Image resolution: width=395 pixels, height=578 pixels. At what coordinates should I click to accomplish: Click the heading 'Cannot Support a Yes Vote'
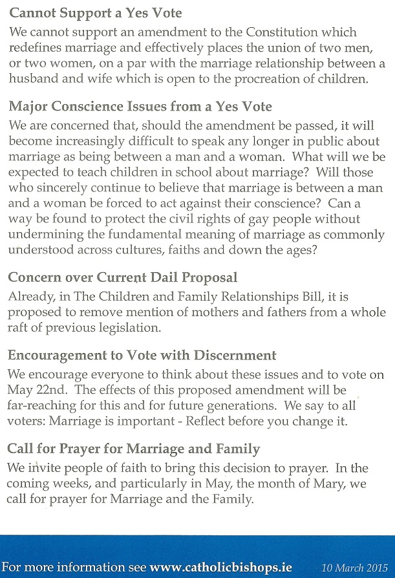click(x=94, y=13)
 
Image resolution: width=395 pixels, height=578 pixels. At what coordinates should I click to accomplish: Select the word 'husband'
click(x=30, y=80)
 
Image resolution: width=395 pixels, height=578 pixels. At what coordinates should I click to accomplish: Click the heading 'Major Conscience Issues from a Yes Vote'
click(x=140, y=106)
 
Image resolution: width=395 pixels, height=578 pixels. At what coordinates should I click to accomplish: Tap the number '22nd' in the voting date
click(x=52, y=390)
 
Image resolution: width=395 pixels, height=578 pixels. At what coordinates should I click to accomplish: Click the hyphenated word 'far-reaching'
click(x=44, y=405)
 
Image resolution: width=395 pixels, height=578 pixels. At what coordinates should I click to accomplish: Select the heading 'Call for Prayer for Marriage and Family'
click(x=133, y=449)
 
